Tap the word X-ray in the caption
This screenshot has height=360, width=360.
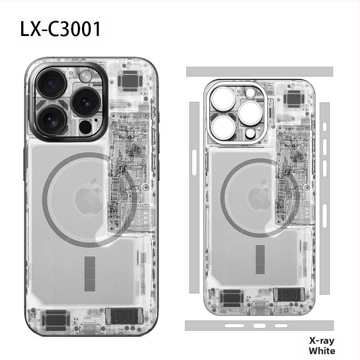pyautogui.click(x=322, y=341)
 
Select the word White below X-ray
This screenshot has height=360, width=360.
pyautogui.click(x=322, y=351)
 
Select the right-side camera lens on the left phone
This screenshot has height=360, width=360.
pyautogui.click(x=85, y=101)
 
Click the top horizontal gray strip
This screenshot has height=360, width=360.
pyautogui.click(x=259, y=72)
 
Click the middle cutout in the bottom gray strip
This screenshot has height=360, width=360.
pyautogui.click(x=259, y=325)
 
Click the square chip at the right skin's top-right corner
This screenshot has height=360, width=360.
pyautogui.click(x=295, y=99)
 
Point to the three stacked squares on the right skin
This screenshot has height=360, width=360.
pyautogui.click(x=260, y=259)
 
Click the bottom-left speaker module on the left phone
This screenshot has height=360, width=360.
pyautogui.click(x=57, y=319)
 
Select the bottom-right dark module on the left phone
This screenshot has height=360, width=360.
pyautogui.click(x=124, y=316)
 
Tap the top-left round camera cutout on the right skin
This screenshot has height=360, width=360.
pyautogui.click(x=220, y=99)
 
